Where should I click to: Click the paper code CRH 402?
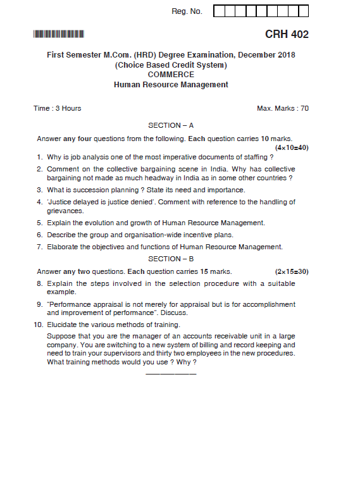tap(287, 34)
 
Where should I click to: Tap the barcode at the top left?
tap(59, 34)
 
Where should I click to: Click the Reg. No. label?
tap(187, 11)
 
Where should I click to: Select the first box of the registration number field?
tap(219, 11)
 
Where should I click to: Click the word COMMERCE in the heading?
tap(171, 74)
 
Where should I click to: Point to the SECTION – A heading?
tap(171, 125)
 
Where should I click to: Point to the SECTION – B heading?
tap(171, 259)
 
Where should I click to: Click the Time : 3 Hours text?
tap(58, 108)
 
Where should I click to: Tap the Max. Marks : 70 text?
tap(283, 108)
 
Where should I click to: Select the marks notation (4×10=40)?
tap(292, 147)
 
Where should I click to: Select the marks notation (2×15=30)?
tap(292, 271)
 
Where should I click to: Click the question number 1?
tap(39, 157)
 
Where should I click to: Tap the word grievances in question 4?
tap(65, 211)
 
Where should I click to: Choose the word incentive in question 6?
tap(199, 235)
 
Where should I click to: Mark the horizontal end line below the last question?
tap(171, 374)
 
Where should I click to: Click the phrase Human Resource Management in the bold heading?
tap(171, 84)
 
